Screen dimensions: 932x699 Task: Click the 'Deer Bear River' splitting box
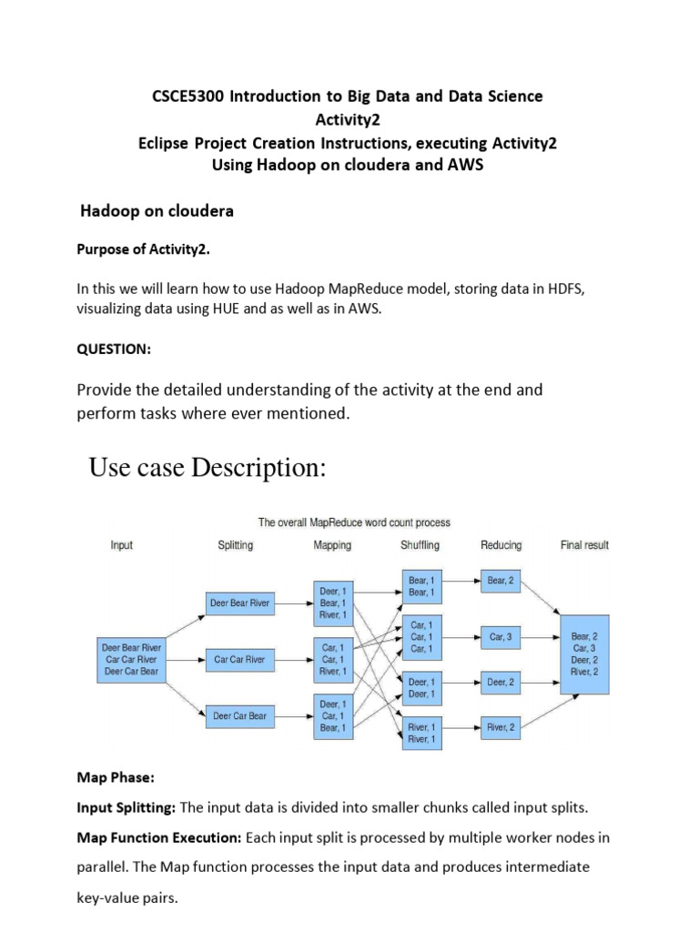[x=240, y=603]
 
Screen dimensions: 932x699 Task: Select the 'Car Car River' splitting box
[x=240, y=659]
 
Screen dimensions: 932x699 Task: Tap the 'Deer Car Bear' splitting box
[x=240, y=715]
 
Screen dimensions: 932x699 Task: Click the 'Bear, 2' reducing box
[x=501, y=580]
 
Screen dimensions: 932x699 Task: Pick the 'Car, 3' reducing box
[x=501, y=637]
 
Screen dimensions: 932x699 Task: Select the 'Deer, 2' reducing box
[x=501, y=682]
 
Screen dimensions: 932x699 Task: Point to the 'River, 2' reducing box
[x=501, y=727]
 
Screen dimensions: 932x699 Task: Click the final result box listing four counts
[x=584, y=653]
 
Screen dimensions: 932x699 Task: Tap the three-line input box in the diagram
[x=131, y=659]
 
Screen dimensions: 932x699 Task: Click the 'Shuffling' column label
[x=420, y=545]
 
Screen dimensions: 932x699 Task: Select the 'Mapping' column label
[x=332, y=545]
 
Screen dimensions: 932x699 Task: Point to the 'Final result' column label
[x=584, y=545]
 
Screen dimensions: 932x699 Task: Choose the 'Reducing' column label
[x=501, y=545]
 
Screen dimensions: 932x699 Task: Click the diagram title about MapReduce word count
[x=354, y=522]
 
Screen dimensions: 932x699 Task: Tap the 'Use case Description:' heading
[x=207, y=469]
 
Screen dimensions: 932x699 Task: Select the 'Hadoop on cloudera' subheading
[x=157, y=211]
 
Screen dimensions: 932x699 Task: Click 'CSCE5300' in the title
[x=189, y=96]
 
